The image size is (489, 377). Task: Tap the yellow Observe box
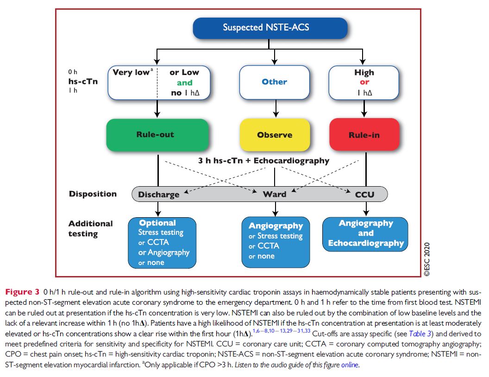(x=275, y=135)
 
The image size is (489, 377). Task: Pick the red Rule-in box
(x=364, y=135)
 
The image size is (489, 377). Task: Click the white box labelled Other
(x=275, y=82)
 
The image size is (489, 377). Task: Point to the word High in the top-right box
(x=364, y=72)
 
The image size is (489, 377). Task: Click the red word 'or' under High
(x=364, y=82)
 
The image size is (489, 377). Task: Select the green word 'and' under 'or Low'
(x=184, y=83)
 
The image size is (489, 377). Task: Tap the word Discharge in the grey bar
(x=158, y=195)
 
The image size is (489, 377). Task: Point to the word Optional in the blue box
(x=157, y=223)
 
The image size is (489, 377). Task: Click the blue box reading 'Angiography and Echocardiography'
(x=365, y=233)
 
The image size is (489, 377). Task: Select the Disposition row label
(x=93, y=194)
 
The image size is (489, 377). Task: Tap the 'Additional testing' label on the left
(x=90, y=228)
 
